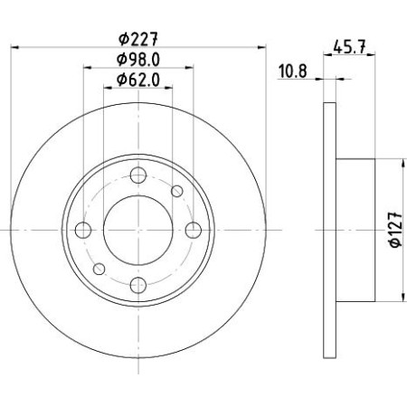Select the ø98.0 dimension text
137,60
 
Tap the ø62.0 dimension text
137,81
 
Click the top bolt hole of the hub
137,175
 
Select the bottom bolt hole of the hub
137,286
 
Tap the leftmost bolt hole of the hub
82,231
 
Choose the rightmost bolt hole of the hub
193,231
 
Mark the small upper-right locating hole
176,192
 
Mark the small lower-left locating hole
99,270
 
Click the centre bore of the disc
137,231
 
